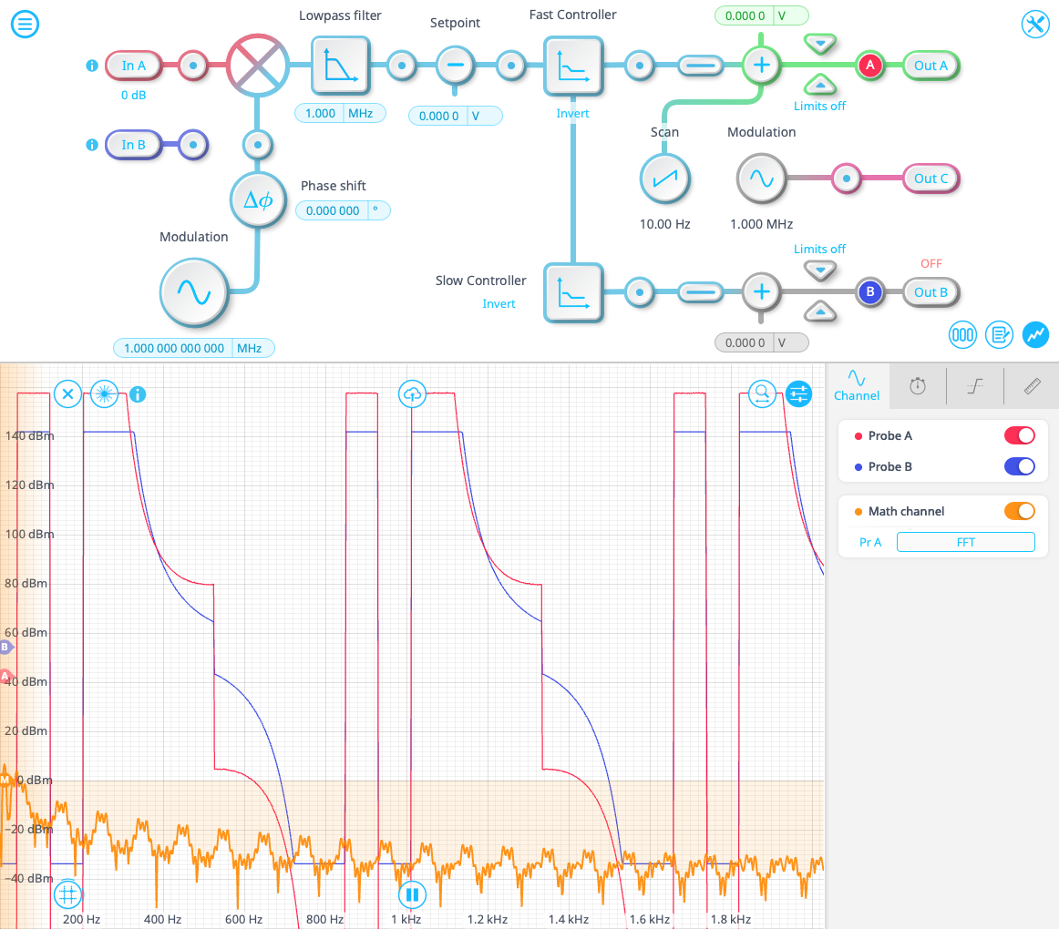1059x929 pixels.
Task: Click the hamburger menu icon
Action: [25, 25]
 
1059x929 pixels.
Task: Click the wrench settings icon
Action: [1035, 25]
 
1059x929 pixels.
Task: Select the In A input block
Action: [134, 66]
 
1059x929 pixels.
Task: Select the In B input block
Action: [134, 145]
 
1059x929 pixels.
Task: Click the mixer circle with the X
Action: [257, 65]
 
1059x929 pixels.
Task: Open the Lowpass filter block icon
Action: [341, 66]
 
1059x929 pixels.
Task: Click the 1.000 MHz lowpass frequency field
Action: [340, 114]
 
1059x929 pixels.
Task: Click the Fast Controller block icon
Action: [573, 66]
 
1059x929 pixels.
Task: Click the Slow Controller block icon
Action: [573, 292]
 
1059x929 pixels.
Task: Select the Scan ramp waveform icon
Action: [664, 179]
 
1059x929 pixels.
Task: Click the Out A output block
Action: [930, 66]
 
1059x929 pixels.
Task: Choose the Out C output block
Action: [930, 179]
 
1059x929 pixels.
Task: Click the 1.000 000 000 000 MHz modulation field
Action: [193, 348]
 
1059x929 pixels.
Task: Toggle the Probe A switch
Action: [1019, 435]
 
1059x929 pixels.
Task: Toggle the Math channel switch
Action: [1019, 511]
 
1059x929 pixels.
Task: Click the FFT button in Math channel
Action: [965, 542]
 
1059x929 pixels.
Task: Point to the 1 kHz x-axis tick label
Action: [406, 920]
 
